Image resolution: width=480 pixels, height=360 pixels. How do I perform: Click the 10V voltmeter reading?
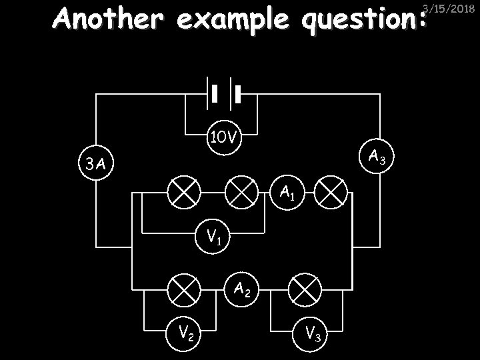[x=223, y=139]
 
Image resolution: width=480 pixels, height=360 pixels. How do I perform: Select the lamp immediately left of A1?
[x=242, y=193]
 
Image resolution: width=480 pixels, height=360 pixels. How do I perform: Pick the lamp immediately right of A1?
[x=331, y=193]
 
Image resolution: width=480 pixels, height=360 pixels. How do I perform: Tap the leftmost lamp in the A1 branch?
[x=183, y=193]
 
